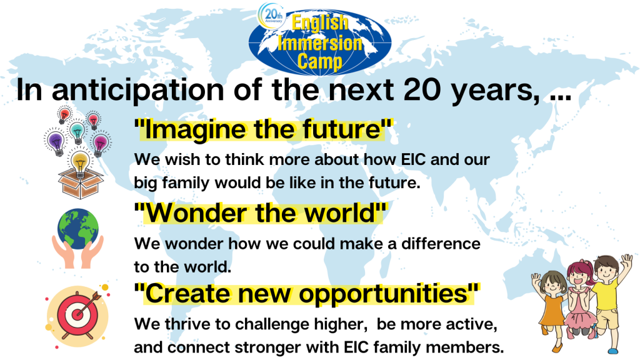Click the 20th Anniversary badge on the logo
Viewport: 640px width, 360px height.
[x=271, y=15]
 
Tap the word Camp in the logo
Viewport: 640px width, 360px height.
[x=319, y=61]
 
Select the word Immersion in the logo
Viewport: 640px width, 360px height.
[x=320, y=42]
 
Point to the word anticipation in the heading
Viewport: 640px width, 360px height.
[x=138, y=90]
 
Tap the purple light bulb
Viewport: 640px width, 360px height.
[x=56, y=141]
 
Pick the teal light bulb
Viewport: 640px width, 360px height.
[x=77, y=131]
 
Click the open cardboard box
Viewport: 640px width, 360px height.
[x=81, y=184]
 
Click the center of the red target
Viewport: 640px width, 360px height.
[x=77, y=315]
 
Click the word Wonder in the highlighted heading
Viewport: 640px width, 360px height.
[x=199, y=213]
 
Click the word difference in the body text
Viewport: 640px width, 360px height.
[x=441, y=244]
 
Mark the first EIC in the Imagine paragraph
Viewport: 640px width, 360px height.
[x=414, y=159]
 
